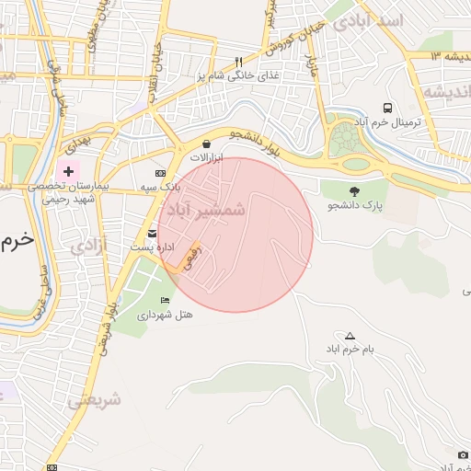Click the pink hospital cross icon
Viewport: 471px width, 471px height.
point(68,171)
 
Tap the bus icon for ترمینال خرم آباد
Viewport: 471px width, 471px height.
point(388,108)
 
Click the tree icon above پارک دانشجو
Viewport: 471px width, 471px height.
point(352,190)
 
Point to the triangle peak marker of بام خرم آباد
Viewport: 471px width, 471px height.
point(350,336)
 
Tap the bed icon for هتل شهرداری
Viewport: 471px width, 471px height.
point(165,301)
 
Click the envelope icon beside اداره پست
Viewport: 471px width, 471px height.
point(153,234)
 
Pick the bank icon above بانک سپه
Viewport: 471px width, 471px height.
point(160,173)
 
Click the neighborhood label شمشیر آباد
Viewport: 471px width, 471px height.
point(202,210)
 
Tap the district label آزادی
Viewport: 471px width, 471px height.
point(88,245)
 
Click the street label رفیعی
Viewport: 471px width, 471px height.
point(192,253)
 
